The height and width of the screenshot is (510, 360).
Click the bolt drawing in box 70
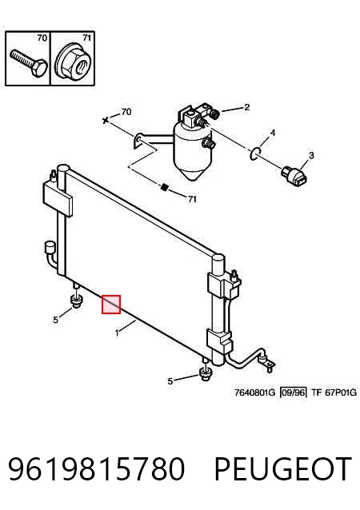click(28, 63)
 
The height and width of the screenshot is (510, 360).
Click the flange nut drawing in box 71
click(72, 63)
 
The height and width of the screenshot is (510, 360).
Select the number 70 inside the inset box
click(42, 38)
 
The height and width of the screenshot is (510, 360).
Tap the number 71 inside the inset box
click(86, 38)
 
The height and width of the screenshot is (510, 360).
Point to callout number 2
click(247, 107)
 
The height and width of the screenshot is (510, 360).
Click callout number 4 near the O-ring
click(273, 133)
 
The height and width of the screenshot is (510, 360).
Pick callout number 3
click(311, 155)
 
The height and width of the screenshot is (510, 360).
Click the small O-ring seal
click(255, 153)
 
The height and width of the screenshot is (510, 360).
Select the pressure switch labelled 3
click(295, 177)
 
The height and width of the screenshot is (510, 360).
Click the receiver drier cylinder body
click(192, 150)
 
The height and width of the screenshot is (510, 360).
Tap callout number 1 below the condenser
click(117, 333)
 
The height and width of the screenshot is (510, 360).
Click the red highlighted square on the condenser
click(111, 305)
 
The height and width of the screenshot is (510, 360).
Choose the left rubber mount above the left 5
click(77, 301)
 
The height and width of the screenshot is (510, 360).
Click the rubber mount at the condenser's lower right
click(205, 373)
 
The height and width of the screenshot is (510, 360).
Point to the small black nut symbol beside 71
click(165, 187)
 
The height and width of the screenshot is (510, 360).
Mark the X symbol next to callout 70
click(105, 121)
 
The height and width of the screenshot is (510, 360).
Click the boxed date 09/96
click(294, 392)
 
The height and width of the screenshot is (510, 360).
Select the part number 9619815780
click(96, 468)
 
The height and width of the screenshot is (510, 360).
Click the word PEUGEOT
click(283, 468)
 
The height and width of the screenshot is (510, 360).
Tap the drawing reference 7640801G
click(254, 392)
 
